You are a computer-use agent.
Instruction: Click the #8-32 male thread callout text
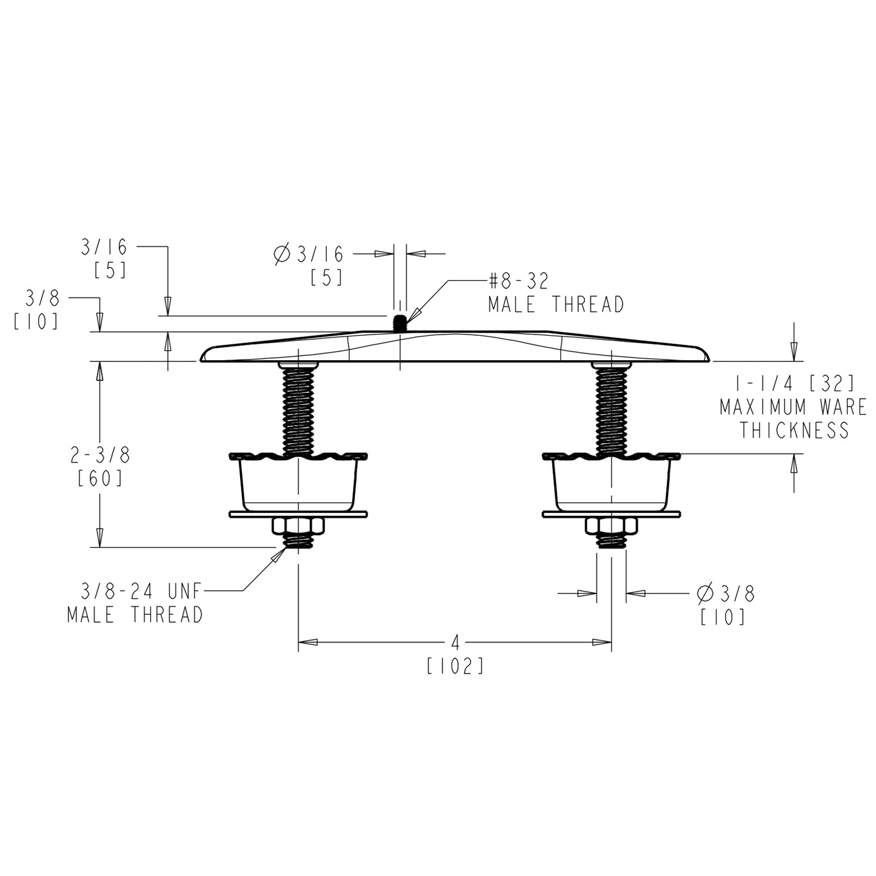(555, 293)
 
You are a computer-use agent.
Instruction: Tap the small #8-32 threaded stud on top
(400, 323)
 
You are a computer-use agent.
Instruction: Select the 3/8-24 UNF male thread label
(135, 603)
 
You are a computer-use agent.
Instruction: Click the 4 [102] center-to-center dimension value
(455, 654)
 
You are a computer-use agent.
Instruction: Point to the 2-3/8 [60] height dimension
(100, 466)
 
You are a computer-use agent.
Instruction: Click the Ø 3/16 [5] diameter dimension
(309, 265)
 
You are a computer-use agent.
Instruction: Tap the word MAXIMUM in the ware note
(763, 407)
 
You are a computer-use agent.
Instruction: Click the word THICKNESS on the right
(794, 430)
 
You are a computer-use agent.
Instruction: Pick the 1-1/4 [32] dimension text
(794, 383)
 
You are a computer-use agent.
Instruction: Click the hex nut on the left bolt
(298, 526)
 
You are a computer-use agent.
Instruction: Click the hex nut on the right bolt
(611, 526)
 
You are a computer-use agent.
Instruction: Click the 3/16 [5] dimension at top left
(105, 258)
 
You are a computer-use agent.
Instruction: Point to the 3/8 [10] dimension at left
(37, 310)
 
